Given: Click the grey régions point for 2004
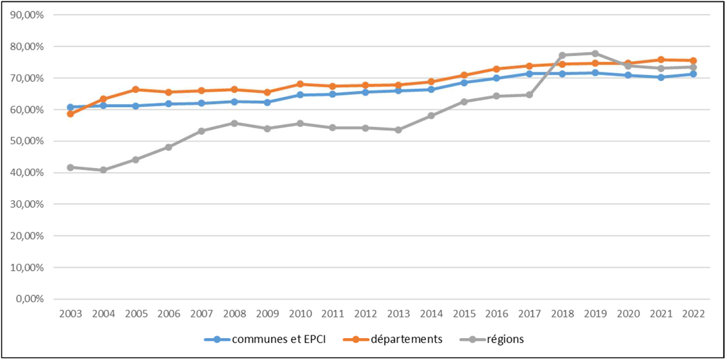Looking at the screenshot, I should (103, 170).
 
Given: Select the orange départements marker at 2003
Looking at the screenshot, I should (70, 114).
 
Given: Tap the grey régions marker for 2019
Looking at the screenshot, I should (595, 53).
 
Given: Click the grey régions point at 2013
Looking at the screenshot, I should (398, 130).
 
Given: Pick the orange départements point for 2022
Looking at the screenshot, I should (693, 60).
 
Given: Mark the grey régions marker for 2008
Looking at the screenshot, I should (234, 123).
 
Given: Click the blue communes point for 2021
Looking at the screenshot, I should (661, 77).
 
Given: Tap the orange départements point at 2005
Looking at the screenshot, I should (136, 89).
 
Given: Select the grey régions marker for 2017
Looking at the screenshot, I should (529, 95).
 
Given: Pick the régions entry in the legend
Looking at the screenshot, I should (504, 339).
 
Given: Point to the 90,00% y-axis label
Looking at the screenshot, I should (27, 15).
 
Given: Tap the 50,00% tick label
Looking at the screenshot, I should (27, 141).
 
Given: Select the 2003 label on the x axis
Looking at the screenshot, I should (70, 313).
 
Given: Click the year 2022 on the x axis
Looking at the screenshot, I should (693, 313).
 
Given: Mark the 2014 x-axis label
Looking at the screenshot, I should (431, 313).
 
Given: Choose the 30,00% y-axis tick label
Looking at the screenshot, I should (27, 204).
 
